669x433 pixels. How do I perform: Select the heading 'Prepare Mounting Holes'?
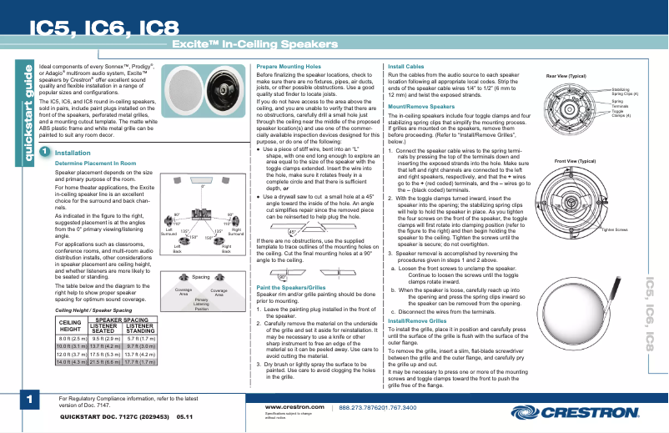pyautogui.click(x=289, y=66)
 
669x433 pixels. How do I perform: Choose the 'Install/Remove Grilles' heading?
pyautogui.click(x=418, y=320)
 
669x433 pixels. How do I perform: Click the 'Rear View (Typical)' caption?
pyautogui.click(x=567, y=76)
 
